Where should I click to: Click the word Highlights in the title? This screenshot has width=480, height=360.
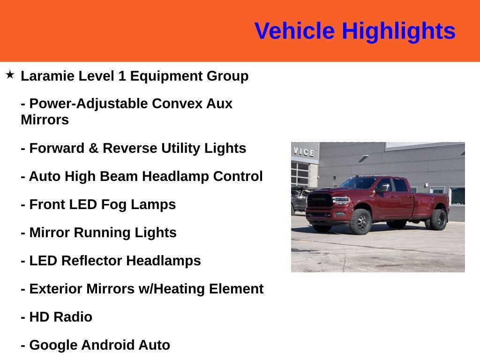398,31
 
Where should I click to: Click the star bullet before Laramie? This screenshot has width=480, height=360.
10,75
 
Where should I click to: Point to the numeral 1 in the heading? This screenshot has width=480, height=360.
122,76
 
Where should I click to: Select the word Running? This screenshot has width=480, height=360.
102,233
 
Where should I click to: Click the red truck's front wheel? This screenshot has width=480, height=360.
360,221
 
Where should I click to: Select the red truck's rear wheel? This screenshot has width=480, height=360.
438,219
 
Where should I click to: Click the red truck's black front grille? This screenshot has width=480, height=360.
320,201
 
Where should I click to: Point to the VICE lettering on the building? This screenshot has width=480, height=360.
304,152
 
